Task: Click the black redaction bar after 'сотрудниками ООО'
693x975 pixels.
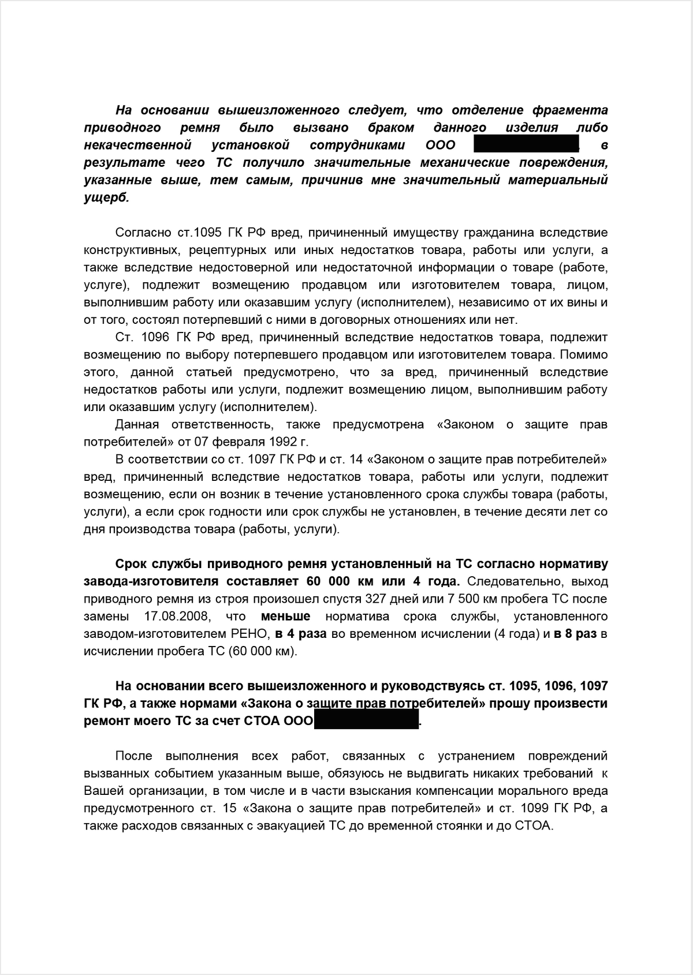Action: click(x=526, y=144)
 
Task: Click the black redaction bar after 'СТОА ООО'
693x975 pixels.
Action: click(x=366, y=721)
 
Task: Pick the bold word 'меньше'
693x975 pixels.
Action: click(x=285, y=616)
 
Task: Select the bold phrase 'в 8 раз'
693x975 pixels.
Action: click(x=575, y=634)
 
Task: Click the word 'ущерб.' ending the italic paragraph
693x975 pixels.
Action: click(x=107, y=197)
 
